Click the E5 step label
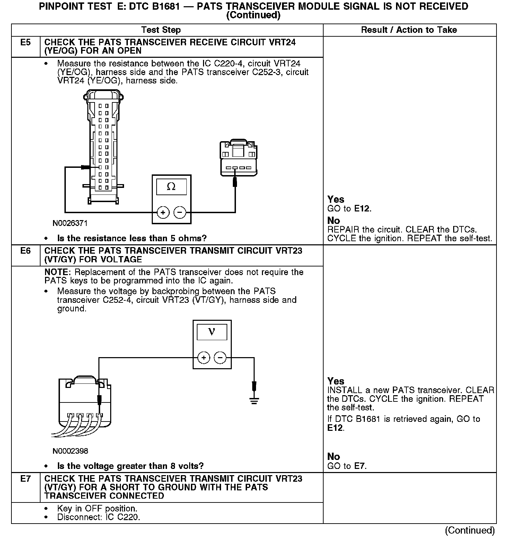(25, 43)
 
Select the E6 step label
(25, 251)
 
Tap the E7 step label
(25, 479)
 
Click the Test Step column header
(161, 30)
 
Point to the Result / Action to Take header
(409, 30)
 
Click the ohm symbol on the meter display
(171, 187)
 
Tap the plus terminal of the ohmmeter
(163, 212)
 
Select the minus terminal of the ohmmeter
(179, 212)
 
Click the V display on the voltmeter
(212, 332)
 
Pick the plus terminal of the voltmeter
(204, 357)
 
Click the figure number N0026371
(70, 223)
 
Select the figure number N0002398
(70, 451)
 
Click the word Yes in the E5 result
(336, 199)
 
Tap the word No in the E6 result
(334, 456)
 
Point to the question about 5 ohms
(132, 238)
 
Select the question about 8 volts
(130, 466)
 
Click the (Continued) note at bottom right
(470, 530)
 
